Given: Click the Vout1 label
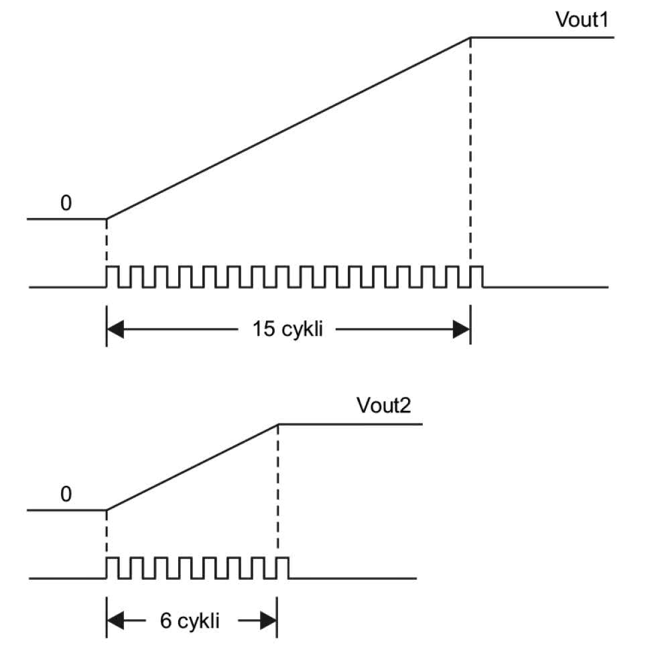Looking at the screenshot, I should click(581, 20).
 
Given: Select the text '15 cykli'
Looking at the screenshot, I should click(287, 329).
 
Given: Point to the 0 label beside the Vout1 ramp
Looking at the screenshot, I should click(66, 203).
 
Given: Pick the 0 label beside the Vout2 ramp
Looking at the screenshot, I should click(66, 495).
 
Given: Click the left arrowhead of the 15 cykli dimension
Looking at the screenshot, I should click(115, 329).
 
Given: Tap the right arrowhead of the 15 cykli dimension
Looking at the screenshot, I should click(462, 329).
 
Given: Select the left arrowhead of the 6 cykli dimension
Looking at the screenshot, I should click(115, 621).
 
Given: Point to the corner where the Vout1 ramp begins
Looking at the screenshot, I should click(107, 219).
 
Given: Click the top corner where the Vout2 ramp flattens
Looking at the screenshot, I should click(277, 424).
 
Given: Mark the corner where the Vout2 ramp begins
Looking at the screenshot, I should click(107, 511).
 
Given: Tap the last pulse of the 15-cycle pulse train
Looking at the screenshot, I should click(476, 277).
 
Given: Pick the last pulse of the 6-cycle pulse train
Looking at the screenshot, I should click(283, 568).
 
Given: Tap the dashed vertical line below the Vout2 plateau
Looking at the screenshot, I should click(277, 489).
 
